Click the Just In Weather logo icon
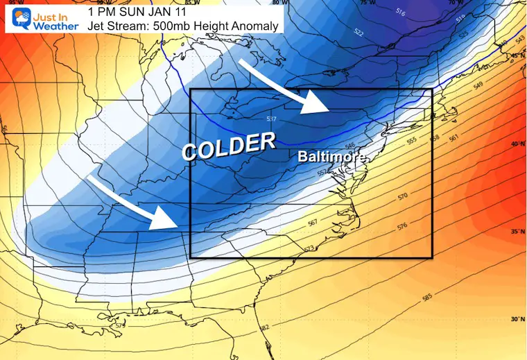(x=15, y=17)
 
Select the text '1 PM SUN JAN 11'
(x=130, y=12)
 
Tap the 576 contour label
(x=401, y=227)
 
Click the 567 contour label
(x=313, y=223)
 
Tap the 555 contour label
(x=412, y=140)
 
